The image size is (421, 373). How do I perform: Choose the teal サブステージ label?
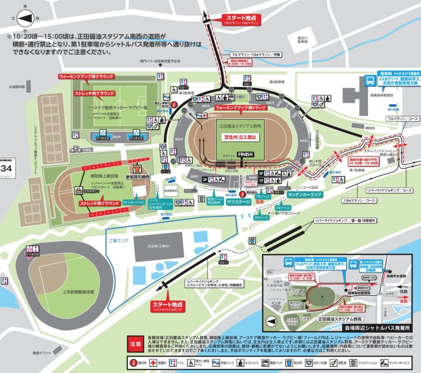[239, 202]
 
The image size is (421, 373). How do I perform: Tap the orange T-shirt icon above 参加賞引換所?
[137, 168]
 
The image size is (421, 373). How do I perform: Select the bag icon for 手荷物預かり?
[78, 190]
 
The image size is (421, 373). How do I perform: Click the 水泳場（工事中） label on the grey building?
[158, 247]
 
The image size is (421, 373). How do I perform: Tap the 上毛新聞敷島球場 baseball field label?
[78, 292]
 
